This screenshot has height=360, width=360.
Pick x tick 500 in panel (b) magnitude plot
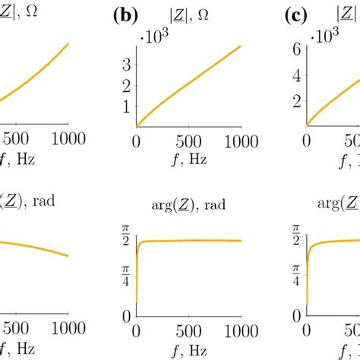tap(188, 141)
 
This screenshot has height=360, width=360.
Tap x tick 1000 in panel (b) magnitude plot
tap(239, 141)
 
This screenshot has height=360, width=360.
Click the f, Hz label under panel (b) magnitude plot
tap(188, 158)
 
